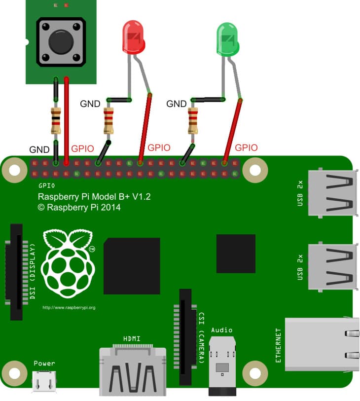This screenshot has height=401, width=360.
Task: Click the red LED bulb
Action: (x=134, y=37)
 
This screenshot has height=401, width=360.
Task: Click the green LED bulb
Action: (x=227, y=39)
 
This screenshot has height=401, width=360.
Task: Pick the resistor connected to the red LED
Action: (x=108, y=121)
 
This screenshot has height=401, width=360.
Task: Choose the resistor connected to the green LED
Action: (x=193, y=121)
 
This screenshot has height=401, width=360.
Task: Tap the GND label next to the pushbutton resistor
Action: (x=39, y=149)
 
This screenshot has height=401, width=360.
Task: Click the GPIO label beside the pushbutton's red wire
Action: (x=82, y=148)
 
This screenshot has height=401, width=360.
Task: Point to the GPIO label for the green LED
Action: (x=246, y=147)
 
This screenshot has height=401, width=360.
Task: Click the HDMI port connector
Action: (x=133, y=370)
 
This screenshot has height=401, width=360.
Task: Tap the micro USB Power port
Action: (x=44, y=382)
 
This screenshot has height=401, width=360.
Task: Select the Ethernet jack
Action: (x=322, y=344)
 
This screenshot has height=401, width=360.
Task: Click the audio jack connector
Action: (x=222, y=366)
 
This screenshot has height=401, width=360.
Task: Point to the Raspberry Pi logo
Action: (x=68, y=264)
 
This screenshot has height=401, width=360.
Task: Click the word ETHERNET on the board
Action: (x=278, y=345)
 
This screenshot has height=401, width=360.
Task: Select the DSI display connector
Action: (x=16, y=272)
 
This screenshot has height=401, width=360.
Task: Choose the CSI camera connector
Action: (x=185, y=337)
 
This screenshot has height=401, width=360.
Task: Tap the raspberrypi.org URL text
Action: (x=69, y=307)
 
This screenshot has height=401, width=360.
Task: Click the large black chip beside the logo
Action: (x=132, y=266)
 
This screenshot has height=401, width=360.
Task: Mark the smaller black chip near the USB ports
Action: (x=236, y=254)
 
